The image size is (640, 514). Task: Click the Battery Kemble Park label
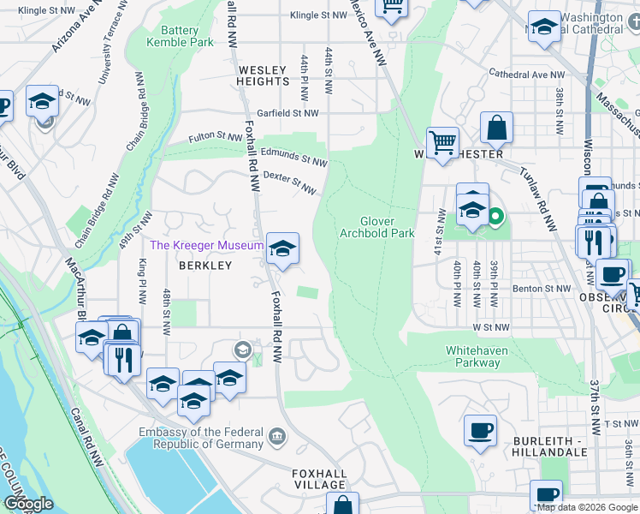click(x=179, y=35)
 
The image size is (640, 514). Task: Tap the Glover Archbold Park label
click(x=376, y=227)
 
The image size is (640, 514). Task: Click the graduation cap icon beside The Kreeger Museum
click(x=282, y=248)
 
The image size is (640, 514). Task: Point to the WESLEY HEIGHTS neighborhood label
click(x=264, y=75)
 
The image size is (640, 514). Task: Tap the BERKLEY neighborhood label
click(x=205, y=266)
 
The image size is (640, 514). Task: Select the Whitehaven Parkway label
click(x=472, y=356)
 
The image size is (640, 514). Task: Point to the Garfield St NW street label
click(x=287, y=113)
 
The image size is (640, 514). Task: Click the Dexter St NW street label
click(x=289, y=181)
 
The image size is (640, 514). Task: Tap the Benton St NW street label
click(x=541, y=290)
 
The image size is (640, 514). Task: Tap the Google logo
click(x=28, y=504)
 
